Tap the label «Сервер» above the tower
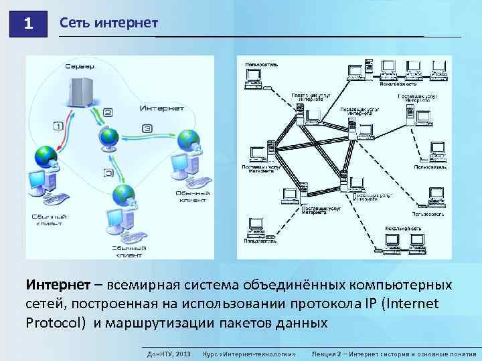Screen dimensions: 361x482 tap(80, 66)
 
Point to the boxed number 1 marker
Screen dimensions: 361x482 tap(57, 125)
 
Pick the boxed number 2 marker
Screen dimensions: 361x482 tap(108, 113)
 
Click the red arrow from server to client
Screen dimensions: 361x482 tap(60, 134)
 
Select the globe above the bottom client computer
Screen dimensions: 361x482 tap(123, 195)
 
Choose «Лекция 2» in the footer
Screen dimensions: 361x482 tap(329, 352)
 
